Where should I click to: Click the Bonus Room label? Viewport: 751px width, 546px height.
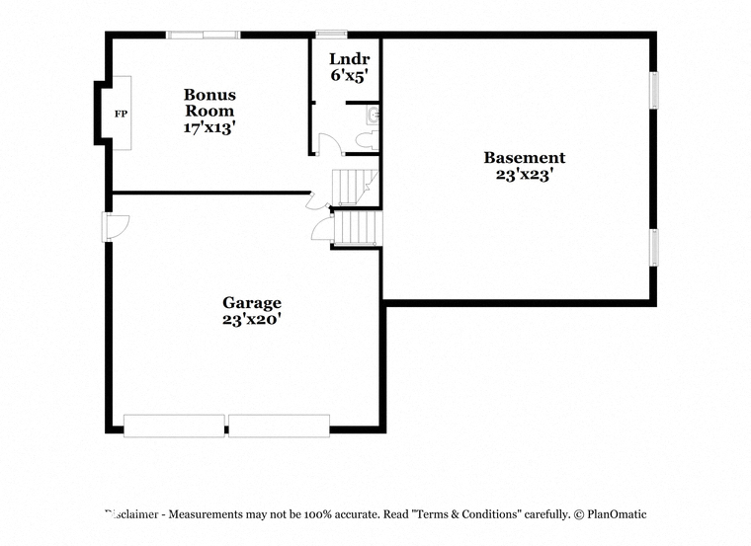tap(209, 103)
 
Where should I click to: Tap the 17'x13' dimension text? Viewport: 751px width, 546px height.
tap(209, 127)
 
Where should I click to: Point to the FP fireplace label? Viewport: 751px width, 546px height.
tap(121, 114)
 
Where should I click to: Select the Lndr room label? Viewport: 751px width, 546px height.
tap(350, 59)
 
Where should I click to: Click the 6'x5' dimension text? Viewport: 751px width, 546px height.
tap(350, 76)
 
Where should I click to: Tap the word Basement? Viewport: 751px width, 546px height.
tap(525, 157)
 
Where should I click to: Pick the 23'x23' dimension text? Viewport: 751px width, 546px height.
tap(525, 175)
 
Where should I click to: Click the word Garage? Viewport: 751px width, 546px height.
tap(252, 303)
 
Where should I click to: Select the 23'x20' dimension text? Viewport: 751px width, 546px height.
tap(251, 319)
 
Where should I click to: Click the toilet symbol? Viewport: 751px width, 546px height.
tap(368, 140)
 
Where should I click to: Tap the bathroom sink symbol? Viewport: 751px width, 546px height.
tap(373, 116)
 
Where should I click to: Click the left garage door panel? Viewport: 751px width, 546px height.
tap(174, 426)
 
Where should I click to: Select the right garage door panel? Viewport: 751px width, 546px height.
tap(279, 426)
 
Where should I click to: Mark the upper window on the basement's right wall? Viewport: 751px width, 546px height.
tap(654, 90)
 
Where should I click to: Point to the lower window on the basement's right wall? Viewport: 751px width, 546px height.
tap(654, 248)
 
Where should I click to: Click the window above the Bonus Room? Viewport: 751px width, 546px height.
tap(204, 35)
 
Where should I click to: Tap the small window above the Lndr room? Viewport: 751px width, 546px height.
tap(331, 34)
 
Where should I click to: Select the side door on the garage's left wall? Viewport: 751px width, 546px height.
tap(117, 227)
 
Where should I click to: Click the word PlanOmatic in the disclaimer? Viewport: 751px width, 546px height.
tap(617, 514)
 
